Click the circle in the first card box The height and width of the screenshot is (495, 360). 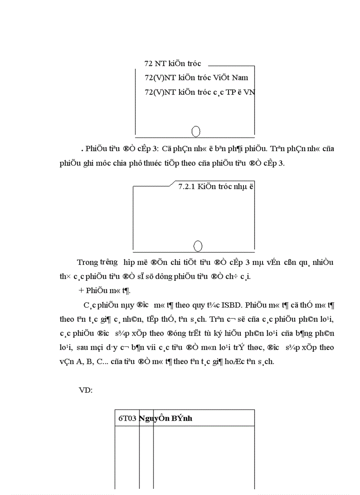[x=197, y=131]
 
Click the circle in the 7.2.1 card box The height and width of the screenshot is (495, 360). [x=198, y=246]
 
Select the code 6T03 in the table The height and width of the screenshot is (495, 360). [x=127, y=418]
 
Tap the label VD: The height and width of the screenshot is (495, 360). [x=85, y=391]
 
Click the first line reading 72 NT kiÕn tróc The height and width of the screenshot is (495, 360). [x=172, y=63]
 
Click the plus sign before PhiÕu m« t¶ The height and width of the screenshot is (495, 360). [x=81, y=290]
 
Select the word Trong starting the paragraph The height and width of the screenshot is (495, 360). [x=87, y=262]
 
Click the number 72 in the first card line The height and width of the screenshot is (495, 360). [x=148, y=63]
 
